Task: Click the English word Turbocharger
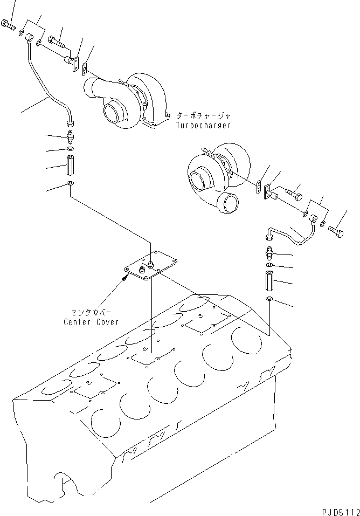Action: tap(203, 125)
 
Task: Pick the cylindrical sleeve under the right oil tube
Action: tap(269, 282)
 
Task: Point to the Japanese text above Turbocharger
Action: tap(204, 115)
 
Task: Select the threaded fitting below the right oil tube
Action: tap(270, 253)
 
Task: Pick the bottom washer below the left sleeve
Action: tap(70, 185)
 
